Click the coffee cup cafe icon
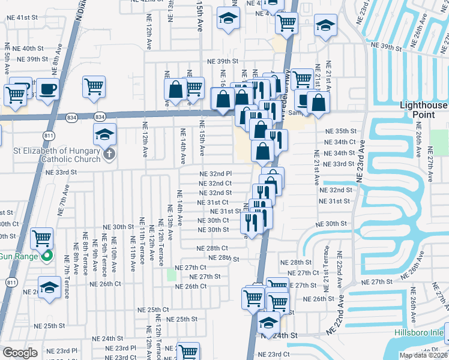pos(47,89)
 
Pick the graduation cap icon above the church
pos(104,134)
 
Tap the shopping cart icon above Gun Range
pos(41,238)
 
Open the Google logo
pos(20,352)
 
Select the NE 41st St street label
pos(32,17)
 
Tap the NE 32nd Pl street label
pos(215,174)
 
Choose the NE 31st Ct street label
pos(212,202)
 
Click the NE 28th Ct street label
pos(212,248)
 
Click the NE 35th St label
pos(340,131)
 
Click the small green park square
pos(172,275)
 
